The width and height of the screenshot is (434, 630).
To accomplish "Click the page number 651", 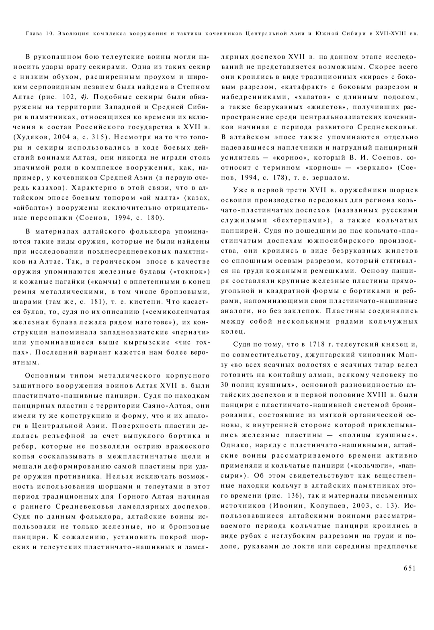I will (408, 568).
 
